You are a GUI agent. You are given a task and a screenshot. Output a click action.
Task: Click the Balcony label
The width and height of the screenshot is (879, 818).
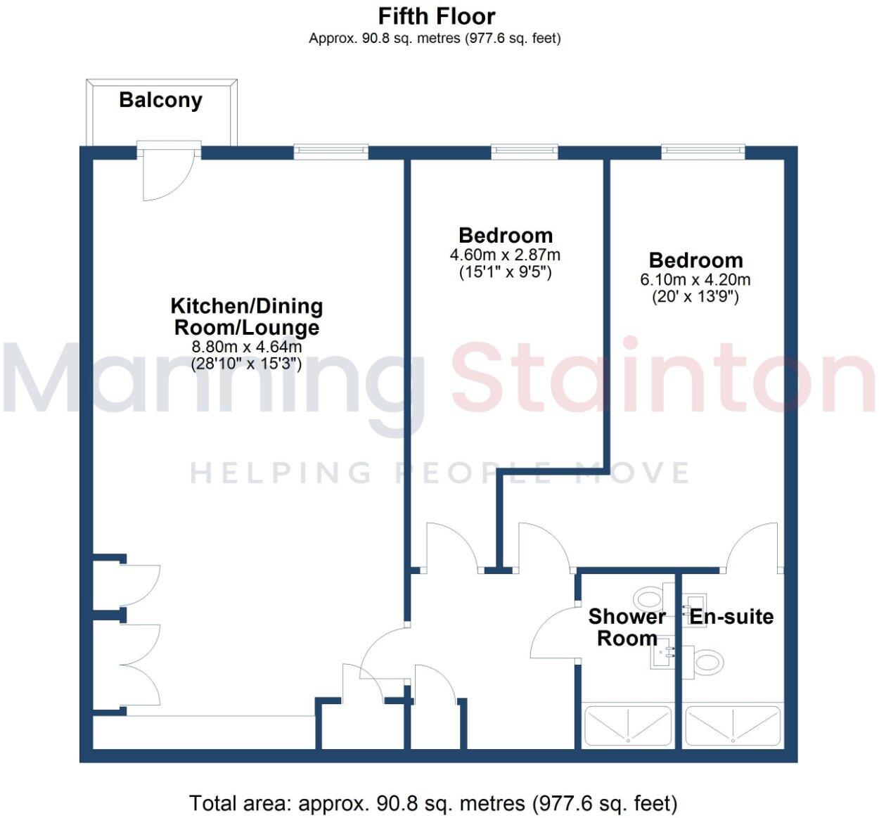(160, 100)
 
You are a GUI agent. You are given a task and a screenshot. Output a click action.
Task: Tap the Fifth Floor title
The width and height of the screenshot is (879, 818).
(436, 15)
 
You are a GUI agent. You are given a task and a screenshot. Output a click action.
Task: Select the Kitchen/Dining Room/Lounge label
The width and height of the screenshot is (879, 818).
(246, 317)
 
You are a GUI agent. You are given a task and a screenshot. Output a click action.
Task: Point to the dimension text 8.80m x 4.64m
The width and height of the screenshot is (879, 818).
(246, 347)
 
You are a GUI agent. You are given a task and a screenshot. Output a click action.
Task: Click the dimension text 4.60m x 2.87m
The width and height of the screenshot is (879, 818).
(505, 255)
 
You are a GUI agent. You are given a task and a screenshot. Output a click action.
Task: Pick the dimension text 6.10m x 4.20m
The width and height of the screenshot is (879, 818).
(695, 279)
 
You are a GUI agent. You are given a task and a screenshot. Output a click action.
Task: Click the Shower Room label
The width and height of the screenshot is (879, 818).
(627, 627)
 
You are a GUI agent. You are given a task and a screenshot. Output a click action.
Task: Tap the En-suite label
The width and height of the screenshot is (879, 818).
(731, 617)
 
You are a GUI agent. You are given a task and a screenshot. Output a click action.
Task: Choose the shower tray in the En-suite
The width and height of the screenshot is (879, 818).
(733, 725)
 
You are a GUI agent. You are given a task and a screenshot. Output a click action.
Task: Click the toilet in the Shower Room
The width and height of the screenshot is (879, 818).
(648, 599)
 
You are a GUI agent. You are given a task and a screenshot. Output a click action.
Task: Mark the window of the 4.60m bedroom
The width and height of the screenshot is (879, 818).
(524, 150)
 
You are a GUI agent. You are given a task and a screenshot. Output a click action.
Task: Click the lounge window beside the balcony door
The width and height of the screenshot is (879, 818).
(331, 150)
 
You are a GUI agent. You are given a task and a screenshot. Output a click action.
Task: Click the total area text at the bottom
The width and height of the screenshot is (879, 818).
(433, 803)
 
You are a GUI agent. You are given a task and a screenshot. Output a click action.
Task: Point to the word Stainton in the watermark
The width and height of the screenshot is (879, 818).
(661, 380)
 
